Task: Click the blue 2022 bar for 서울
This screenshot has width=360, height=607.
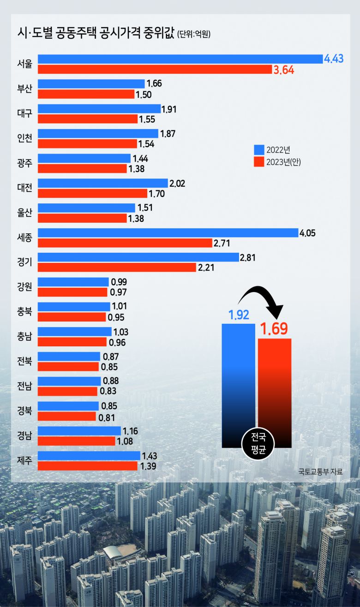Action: coord(180,59)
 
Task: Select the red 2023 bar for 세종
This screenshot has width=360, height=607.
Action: coord(125,243)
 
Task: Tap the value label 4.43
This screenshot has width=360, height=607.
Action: coord(334,59)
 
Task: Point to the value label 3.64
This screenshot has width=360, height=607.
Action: coord(284,70)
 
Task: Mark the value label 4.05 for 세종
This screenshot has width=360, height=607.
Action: coord(308,233)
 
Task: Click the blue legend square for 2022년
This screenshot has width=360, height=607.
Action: coord(259,150)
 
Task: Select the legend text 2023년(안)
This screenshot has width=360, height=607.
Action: coord(283,162)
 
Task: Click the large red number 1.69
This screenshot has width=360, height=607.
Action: coord(274,329)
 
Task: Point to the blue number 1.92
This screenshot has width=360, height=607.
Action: coord(239,315)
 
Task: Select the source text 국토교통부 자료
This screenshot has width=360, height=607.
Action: coord(320,471)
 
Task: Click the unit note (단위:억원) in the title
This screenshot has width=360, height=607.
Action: coord(193,34)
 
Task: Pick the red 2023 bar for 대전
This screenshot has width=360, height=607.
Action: coord(92,193)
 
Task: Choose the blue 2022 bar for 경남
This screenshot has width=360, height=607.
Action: coord(79,431)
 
